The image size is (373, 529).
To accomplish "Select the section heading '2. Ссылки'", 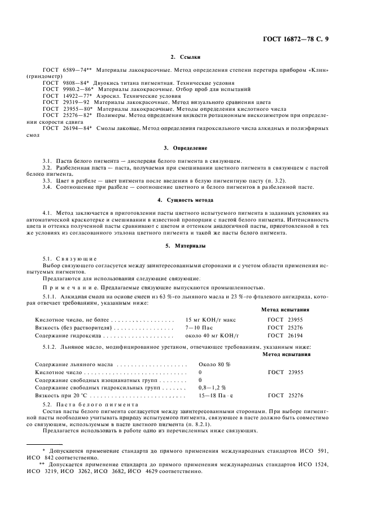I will (186, 57).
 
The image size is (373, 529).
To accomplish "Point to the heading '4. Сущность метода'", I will (186, 200).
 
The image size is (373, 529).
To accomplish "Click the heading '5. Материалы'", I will (186, 246).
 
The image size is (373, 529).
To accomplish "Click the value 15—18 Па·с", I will (216, 396).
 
